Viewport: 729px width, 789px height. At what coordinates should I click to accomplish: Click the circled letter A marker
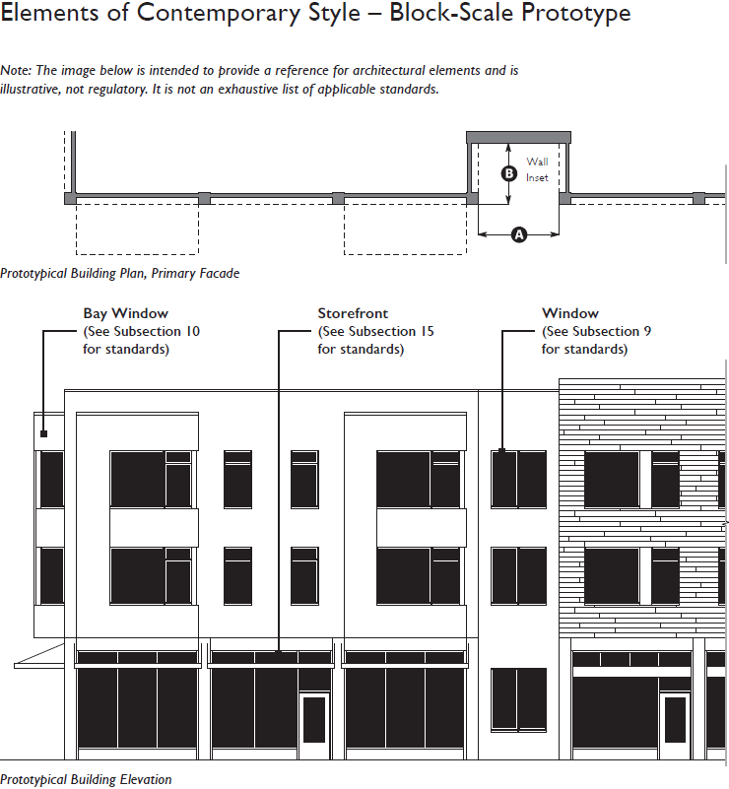click(519, 234)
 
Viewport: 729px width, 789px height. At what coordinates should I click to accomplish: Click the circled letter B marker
click(508, 173)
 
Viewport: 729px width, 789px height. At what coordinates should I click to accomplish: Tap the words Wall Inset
click(537, 169)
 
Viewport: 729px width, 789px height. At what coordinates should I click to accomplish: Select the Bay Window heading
click(126, 314)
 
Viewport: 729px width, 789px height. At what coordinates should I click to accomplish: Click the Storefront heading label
click(353, 314)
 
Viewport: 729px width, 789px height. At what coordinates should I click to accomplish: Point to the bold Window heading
click(570, 314)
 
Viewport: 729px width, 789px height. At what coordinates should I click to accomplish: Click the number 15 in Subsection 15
click(426, 332)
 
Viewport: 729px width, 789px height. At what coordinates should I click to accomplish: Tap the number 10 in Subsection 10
click(191, 332)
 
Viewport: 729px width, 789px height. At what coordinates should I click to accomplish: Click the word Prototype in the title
click(571, 16)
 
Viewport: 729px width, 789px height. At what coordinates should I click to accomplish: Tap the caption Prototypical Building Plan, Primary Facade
click(120, 274)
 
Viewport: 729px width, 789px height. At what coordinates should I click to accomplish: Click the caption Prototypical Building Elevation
click(86, 779)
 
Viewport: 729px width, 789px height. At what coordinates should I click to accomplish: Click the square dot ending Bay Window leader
click(44, 433)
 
